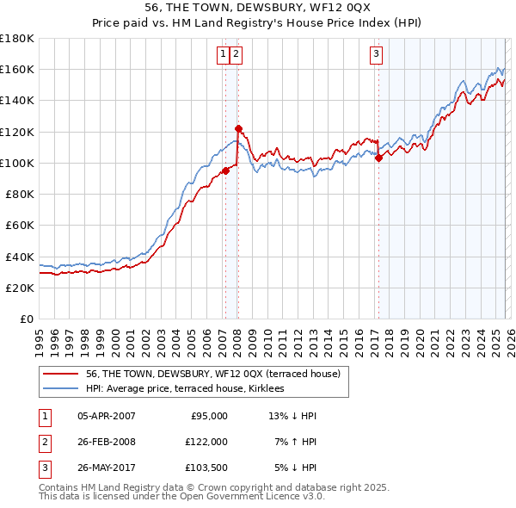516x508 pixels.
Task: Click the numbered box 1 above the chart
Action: (x=223, y=54)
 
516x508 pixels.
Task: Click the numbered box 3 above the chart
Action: (x=377, y=54)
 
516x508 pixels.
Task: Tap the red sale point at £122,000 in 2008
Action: (x=238, y=128)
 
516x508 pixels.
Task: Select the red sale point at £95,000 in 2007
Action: (x=225, y=170)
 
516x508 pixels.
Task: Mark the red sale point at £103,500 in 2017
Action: (x=378, y=157)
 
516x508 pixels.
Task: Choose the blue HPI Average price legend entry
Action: (x=190, y=389)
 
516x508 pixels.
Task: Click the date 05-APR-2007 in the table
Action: (x=106, y=416)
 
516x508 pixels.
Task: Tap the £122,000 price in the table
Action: (x=207, y=442)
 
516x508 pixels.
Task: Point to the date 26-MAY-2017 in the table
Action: (x=106, y=468)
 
